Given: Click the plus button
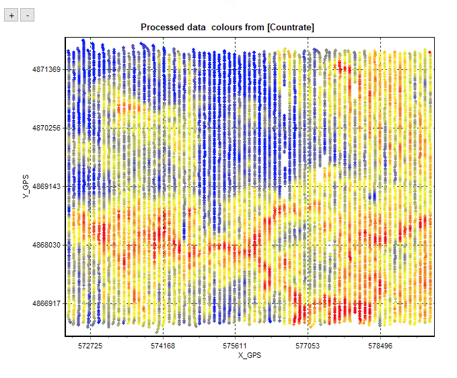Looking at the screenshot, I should click(x=11, y=15).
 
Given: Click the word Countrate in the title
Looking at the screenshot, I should click(x=291, y=27).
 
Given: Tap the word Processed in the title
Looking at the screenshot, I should click(x=162, y=27).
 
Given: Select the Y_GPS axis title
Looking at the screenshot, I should click(x=26, y=186).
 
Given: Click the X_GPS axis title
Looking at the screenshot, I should click(x=250, y=355).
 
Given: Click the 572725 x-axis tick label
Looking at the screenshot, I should click(x=90, y=346).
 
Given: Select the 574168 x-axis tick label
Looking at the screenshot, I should click(x=163, y=346).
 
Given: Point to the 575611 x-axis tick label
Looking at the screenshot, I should click(x=235, y=346).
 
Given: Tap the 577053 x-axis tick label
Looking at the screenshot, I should click(x=308, y=346).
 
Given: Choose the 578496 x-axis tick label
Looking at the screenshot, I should click(x=380, y=346).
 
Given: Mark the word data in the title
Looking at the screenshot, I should click(x=197, y=27).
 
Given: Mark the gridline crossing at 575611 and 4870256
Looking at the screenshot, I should click(x=235, y=128).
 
